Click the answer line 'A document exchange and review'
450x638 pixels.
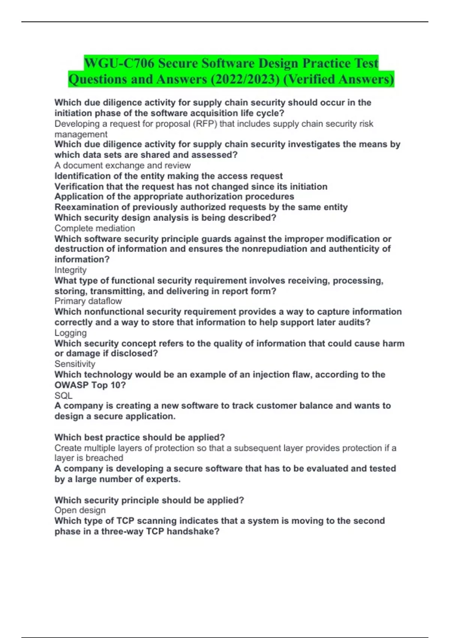(x=122, y=166)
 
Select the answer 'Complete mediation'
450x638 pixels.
(x=94, y=228)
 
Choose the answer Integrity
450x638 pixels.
(x=70, y=270)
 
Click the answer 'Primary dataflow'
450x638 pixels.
(x=88, y=301)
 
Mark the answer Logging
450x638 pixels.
(x=70, y=333)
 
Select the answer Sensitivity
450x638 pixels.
(x=75, y=364)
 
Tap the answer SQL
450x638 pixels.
(x=63, y=396)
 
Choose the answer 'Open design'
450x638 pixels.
(x=80, y=510)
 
